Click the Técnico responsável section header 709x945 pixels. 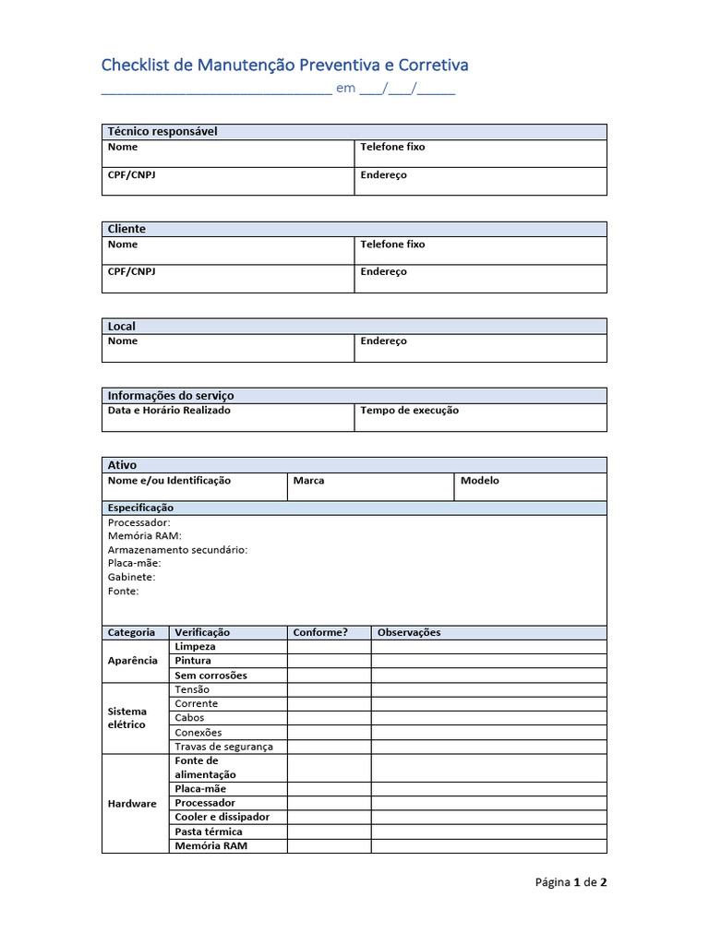coord(162,132)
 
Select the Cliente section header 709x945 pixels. coord(126,229)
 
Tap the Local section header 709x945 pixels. coord(122,327)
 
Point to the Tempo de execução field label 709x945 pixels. coord(409,411)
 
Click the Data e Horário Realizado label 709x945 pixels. coord(169,411)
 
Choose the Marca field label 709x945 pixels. coord(308,481)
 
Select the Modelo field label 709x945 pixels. coord(479,481)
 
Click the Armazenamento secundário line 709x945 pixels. coord(177,550)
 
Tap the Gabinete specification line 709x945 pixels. coord(131,577)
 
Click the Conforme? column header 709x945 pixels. coord(319,633)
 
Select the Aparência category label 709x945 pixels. coord(132,661)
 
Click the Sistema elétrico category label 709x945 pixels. coord(127,718)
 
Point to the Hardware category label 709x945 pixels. coord(132,804)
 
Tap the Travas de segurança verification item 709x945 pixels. coord(223,747)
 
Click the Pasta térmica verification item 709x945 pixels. coord(209,831)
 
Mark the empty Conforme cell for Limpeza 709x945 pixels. coord(329,647)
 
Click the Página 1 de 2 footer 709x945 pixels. coord(571,882)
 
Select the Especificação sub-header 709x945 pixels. coord(140,508)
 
